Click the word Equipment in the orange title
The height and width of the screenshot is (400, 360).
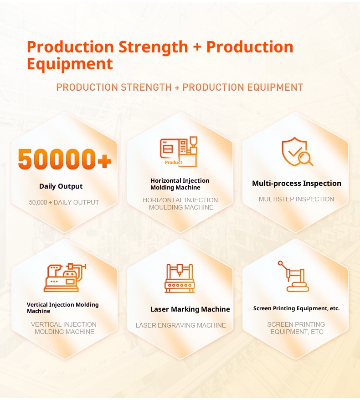(x=70, y=63)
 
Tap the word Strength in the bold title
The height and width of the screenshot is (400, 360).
(x=153, y=47)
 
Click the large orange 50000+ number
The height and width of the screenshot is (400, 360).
(x=65, y=159)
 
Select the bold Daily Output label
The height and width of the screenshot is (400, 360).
(x=61, y=186)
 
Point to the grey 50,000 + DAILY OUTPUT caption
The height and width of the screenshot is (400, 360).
(x=64, y=202)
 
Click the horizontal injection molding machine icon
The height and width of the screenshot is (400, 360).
(x=179, y=152)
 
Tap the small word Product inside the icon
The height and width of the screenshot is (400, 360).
(x=174, y=162)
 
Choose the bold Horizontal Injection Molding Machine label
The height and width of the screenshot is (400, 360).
(x=180, y=184)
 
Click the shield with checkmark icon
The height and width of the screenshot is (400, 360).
(x=297, y=152)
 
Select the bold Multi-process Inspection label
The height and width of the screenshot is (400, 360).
(x=297, y=184)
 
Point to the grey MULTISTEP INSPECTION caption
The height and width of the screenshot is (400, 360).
(x=296, y=199)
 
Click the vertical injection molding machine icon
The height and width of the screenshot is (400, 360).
(x=65, y=277)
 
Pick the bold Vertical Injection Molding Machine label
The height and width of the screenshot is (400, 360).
(x=62, y=308)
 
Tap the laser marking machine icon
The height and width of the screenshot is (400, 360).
(x=180, y=278)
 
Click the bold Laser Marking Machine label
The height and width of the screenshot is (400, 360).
(x=190, y=309)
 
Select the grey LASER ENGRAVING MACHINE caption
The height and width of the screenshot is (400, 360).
(x=180, y=325)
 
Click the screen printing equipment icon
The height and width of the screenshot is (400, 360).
(x=293, y=276)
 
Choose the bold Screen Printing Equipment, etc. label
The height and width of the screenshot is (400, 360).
(x=297, y=308)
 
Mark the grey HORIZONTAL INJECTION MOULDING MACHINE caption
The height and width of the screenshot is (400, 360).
(x=180, y=204)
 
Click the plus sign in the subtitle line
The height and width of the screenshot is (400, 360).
(x=177, y=87)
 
